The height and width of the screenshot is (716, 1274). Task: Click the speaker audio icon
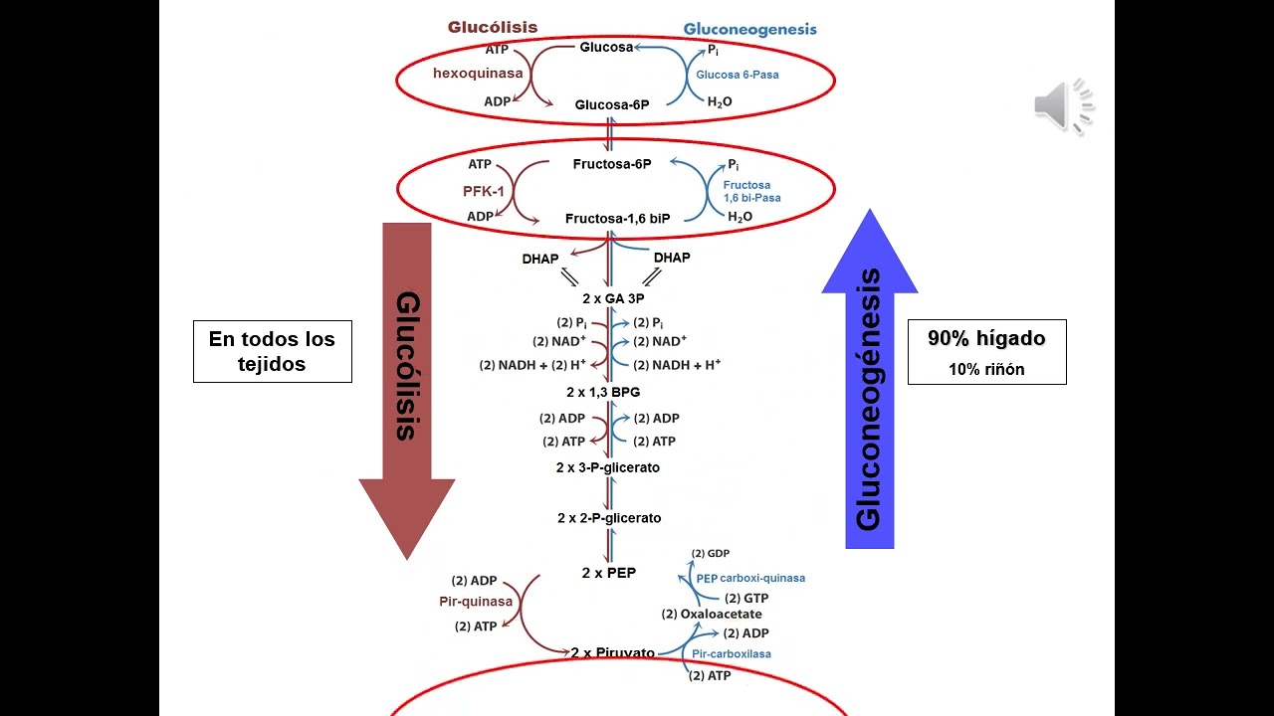click(1063, 106)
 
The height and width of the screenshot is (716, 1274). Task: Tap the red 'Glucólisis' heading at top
click(493, 28)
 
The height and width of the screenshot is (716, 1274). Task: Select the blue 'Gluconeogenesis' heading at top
click(749, 29)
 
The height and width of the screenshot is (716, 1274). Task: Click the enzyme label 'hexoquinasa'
click(478, 74)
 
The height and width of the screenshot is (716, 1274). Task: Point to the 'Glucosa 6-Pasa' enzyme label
click(738, 75)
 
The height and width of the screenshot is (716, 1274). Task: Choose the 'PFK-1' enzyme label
click(484, 190)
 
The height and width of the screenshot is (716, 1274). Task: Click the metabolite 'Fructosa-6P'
click(612, 164)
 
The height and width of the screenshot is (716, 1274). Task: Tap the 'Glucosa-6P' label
click(612, 104)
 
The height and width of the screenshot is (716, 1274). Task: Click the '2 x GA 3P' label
click(612, 298)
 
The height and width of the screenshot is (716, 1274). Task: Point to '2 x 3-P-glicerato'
click(608, 467)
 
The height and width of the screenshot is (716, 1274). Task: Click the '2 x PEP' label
click(609, 573)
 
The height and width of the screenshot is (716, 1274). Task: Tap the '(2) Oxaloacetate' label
click(712, 614)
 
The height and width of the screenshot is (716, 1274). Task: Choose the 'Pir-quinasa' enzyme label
click(476, 602)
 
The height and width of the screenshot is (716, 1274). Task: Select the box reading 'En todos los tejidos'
click(272, 351)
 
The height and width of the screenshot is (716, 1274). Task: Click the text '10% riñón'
click(985, 370)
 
